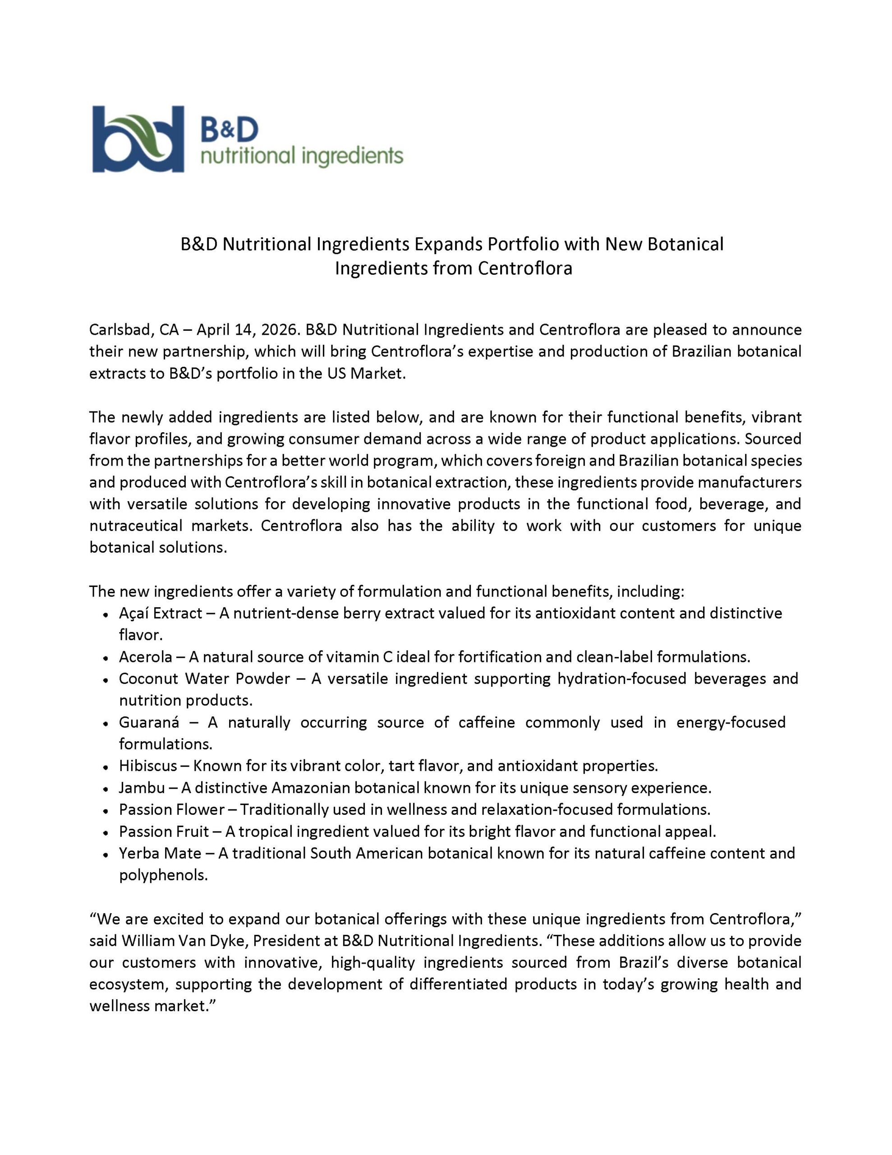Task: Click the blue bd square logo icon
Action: pyautogui.click(x=138, y=139)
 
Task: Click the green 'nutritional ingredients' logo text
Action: pyautogui.click(x=302, y=157)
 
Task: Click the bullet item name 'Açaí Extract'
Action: pyautogui.click(x=160, y=613)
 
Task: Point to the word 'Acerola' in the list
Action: pyautogui.click(x=145, y=657)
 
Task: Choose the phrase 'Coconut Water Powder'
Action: pyautogui.click(x=204, y=679)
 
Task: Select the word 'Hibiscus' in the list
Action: pyautogui.click(x=147, y=766)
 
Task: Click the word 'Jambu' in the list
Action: pyautogui.click(x=142, y=788)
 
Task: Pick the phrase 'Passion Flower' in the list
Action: pyautogui.click(x=171, y=810)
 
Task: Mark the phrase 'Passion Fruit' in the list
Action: pyautogui.click(x=164, y=832)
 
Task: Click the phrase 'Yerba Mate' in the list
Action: pyautogui.click(x=160, y=854)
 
